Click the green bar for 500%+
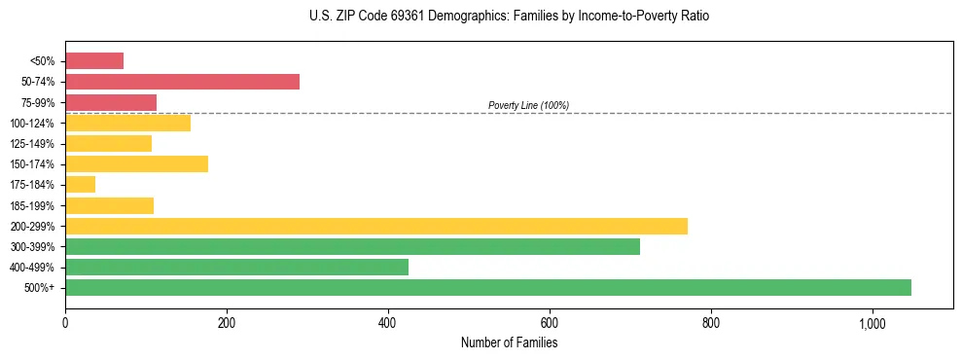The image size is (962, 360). point(487,288)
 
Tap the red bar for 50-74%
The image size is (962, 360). point(182,82)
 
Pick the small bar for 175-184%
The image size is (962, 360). point(80,185)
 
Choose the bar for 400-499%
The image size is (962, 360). point(236,268)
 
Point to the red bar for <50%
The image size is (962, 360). point(94,61)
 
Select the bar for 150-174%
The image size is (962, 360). point(136,164)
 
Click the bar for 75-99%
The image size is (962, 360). point(111,102)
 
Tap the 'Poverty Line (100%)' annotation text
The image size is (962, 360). point(528,105)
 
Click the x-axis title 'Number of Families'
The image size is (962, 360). point(509,343)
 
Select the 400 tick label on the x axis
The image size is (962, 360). point(388,323)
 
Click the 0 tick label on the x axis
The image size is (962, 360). point(65,323)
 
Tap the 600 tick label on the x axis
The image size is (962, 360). point(550,323)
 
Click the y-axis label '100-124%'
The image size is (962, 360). point(32,124)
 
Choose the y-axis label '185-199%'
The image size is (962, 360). point(32,206)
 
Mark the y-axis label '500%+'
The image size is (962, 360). point(38,288)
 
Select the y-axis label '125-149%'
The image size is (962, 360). point(32,144)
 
